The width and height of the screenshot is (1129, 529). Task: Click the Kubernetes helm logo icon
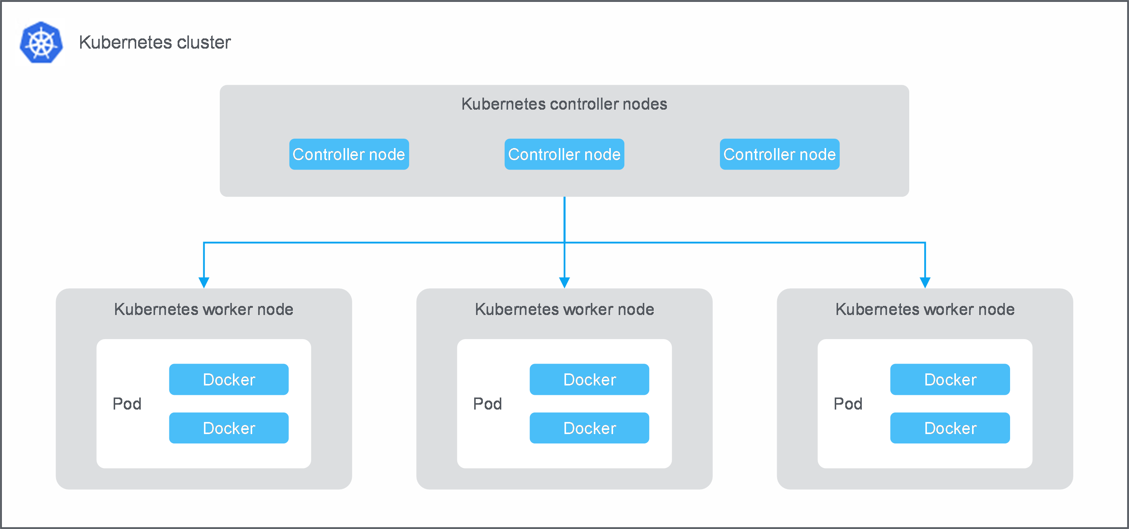41,43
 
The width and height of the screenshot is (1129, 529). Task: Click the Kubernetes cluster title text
154,43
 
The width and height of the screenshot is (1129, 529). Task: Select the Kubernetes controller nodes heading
564,104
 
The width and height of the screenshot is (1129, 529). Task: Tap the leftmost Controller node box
349,154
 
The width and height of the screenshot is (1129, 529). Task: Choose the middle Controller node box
564,154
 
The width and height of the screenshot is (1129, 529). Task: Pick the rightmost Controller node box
779,154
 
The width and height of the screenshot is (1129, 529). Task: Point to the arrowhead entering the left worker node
204,282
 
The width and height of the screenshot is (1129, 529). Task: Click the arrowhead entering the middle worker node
564,282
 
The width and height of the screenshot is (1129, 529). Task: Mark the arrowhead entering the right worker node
925,282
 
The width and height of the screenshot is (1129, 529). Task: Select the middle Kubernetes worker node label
564,309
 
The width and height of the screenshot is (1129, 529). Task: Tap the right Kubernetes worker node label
924,309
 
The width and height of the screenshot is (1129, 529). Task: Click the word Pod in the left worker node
127,404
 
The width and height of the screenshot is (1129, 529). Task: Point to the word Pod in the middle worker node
487,404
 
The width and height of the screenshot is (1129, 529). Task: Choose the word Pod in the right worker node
848,404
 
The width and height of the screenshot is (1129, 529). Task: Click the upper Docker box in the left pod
229,379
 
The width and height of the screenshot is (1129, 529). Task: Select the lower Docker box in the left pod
229,428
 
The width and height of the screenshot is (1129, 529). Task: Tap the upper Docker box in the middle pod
589,379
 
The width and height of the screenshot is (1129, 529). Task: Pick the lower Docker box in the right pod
950,428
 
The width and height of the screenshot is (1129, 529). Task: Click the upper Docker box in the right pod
950,379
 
